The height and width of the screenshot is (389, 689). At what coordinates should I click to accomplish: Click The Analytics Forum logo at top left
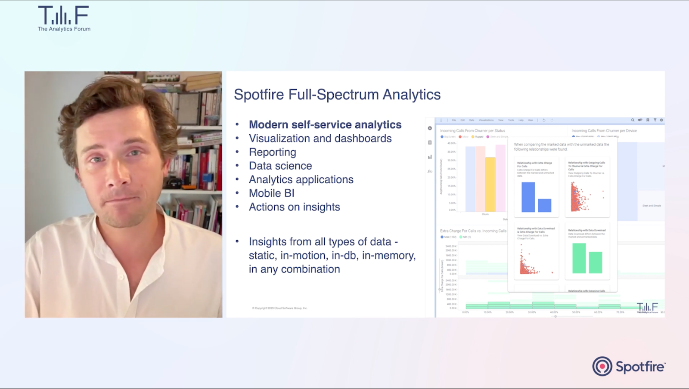[64, 19]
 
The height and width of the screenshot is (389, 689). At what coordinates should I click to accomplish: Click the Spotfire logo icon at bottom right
[602, 367]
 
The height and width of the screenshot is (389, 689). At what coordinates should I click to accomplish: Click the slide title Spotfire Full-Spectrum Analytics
[337, 95]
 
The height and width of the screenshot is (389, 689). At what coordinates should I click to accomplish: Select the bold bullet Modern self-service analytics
[325, 125]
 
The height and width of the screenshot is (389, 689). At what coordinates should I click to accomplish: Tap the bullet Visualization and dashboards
[320, 139]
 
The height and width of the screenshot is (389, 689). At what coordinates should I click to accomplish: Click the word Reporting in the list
[273, 152]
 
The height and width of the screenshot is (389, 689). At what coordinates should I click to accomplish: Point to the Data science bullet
[280, 166]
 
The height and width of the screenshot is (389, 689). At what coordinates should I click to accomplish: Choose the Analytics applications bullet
[301, 180]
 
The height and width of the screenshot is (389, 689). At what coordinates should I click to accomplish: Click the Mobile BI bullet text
[272, 194]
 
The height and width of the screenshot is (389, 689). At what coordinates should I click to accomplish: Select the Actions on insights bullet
[295, 207]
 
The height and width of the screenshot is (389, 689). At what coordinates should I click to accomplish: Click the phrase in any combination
[295, 269]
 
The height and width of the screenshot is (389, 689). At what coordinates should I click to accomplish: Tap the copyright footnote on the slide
[279, 308]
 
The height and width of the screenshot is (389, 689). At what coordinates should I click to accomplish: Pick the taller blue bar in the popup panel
[528, 197]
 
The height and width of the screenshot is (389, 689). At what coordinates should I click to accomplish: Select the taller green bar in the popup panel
[579, 258]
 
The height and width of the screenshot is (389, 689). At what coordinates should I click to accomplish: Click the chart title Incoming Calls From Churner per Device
[604, 131]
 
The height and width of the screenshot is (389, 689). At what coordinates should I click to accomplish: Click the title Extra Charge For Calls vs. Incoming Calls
[473, 231]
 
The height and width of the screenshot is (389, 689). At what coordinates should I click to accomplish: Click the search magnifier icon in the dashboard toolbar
[633, 120]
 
